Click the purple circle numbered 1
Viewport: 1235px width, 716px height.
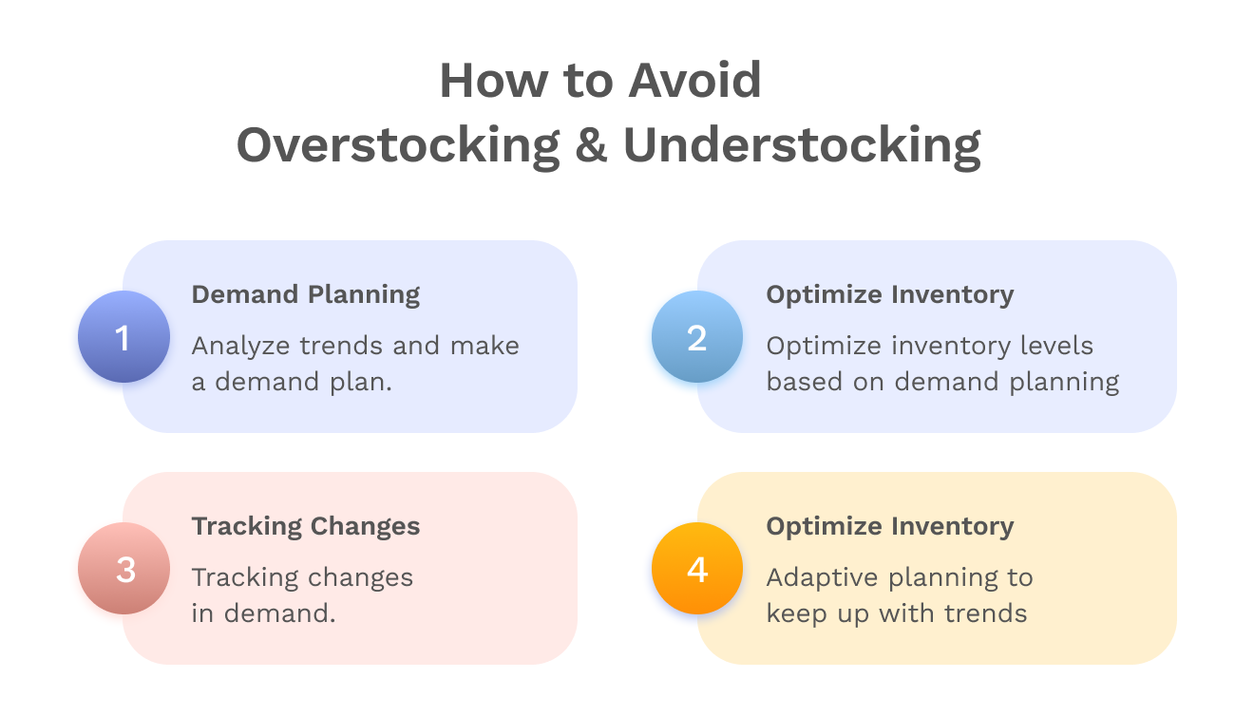(123, 337)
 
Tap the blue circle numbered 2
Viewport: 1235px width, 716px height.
(697, 337)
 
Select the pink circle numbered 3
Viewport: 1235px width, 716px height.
(123, 569)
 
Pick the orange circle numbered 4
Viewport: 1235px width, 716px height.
(697, 569)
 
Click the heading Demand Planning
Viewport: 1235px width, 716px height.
(306, 294)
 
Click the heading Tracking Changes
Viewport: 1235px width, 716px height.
(306, 526)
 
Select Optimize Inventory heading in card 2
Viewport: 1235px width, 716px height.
(890, 294)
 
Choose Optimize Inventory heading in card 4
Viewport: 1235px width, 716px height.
(890, 526)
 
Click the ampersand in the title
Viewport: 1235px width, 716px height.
(591, 145)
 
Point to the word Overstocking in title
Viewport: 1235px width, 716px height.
(398, 145)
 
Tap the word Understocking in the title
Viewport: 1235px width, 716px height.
(802, 145)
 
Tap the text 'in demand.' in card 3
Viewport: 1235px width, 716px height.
(264, 613)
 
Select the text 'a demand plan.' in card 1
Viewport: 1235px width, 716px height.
(293, 382)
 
